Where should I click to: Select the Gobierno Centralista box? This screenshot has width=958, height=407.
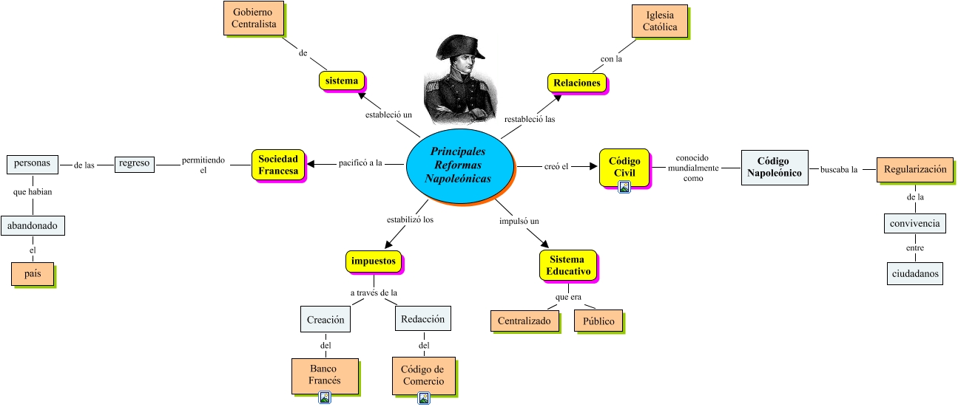(x=254, y=18)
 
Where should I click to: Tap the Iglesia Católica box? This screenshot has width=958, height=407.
(x=660, y=21)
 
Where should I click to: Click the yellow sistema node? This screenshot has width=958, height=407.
(x=343, y=81)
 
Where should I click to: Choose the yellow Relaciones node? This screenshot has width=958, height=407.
(x=577, y=83)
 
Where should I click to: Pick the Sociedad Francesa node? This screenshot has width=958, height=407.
(x=278, y=165)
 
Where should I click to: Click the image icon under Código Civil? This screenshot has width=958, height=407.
(x=624, y=187)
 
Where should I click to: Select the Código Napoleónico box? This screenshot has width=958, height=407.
(x=773, y=167)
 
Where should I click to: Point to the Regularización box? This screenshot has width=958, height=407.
(x=914, y=169)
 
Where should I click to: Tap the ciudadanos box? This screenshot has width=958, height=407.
(x=915, y=273)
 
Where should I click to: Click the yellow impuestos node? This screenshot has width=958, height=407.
(x=374, y=261)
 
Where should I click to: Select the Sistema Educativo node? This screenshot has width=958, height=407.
(x=567, y=265)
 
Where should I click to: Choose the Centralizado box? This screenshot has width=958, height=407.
(x=524, y=321)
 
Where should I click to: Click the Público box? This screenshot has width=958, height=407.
(x=598, y=321)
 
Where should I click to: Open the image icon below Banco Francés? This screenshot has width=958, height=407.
(x=325, y=398)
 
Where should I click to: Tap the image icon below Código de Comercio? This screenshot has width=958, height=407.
(x=424, y=398)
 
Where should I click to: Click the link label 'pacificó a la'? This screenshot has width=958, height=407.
(x=360, y=163)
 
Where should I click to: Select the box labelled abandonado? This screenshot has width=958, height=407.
(x=33, y=225)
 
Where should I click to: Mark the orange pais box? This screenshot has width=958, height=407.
(x=33, y=274)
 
